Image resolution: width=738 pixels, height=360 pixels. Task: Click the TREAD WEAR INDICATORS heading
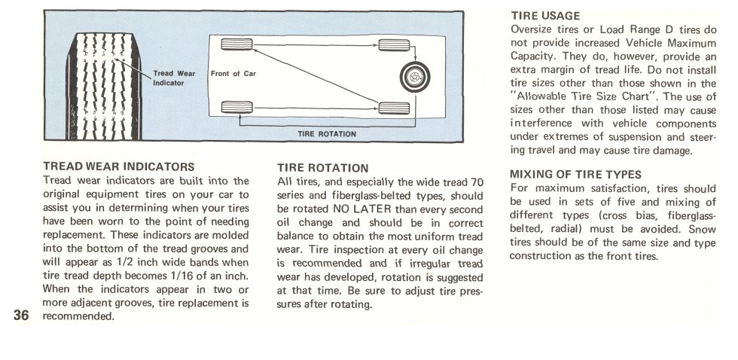tap(120, 166)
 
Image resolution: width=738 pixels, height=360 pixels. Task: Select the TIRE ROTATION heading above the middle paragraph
tap(323, 168)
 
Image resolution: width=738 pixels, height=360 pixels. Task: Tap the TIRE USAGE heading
tap(545, 15)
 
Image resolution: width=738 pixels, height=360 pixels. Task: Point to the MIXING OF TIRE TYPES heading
tap(575, 174)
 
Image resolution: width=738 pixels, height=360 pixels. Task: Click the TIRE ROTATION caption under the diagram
tap(327, 134)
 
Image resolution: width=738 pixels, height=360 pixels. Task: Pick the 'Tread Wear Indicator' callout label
tap(173, 78)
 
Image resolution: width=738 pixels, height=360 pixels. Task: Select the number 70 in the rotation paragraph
tap(476, 182)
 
